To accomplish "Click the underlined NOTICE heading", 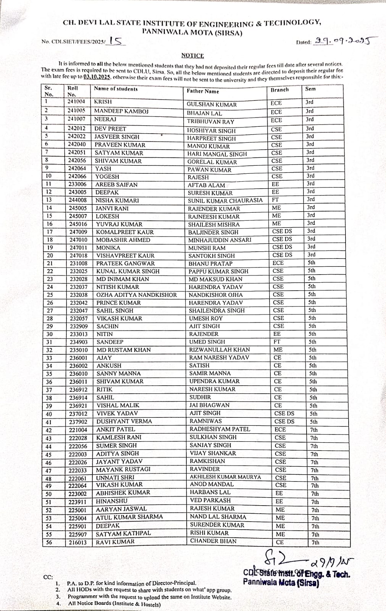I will (192, 56).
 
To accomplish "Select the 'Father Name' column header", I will (203, 91).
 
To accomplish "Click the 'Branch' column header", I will (279, 90).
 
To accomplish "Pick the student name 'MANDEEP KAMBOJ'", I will (121, 112).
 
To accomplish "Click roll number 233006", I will (78, 184).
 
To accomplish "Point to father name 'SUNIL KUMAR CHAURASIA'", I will (225, 200).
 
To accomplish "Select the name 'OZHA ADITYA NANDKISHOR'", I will (136, 295).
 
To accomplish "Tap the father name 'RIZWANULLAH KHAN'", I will (220, 349).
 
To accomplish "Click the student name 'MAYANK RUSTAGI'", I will (123, 469).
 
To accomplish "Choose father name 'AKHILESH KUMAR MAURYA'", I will (225, 477).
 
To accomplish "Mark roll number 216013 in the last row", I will (78, 542).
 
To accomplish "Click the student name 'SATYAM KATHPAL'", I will (123, 533).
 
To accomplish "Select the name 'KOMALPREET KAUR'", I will (125, 232).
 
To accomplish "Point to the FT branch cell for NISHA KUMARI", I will (275, 200).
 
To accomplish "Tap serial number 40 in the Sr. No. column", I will (49, 414).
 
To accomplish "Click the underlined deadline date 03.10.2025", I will (97, 76).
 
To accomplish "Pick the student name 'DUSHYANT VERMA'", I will (124, 421).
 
